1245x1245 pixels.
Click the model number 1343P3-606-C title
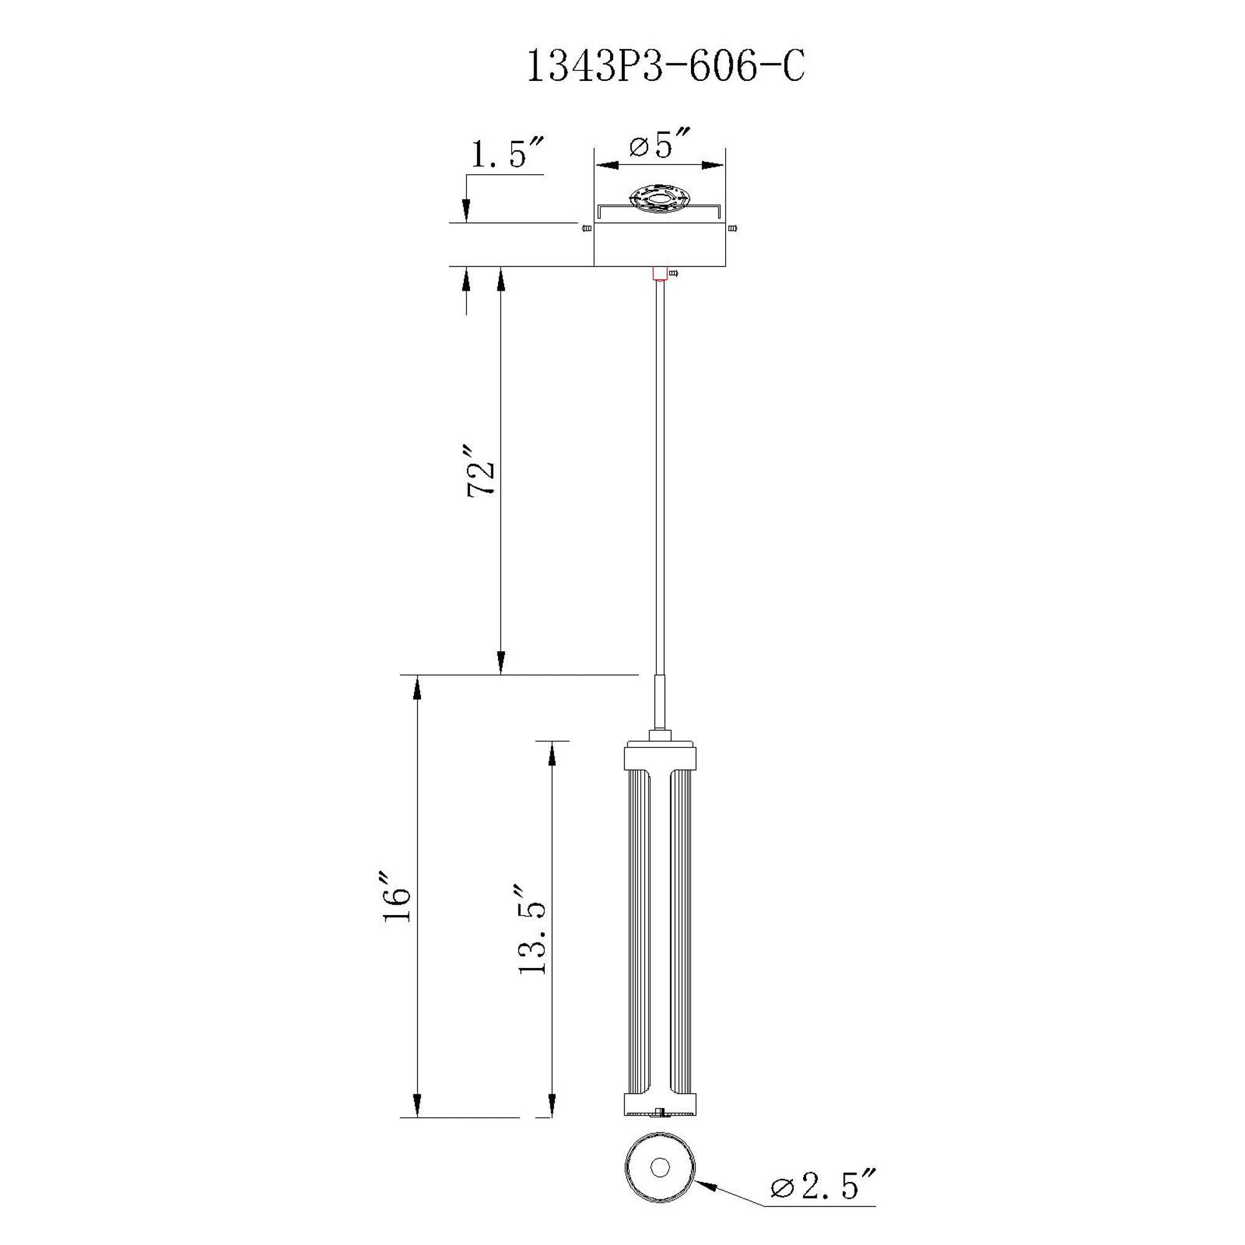(665, 67)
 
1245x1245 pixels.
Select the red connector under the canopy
(659, 273)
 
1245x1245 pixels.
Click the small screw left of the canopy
(586, 228)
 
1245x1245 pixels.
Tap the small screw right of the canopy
(733, 228)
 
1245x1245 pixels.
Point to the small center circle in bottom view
(659, 1185)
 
